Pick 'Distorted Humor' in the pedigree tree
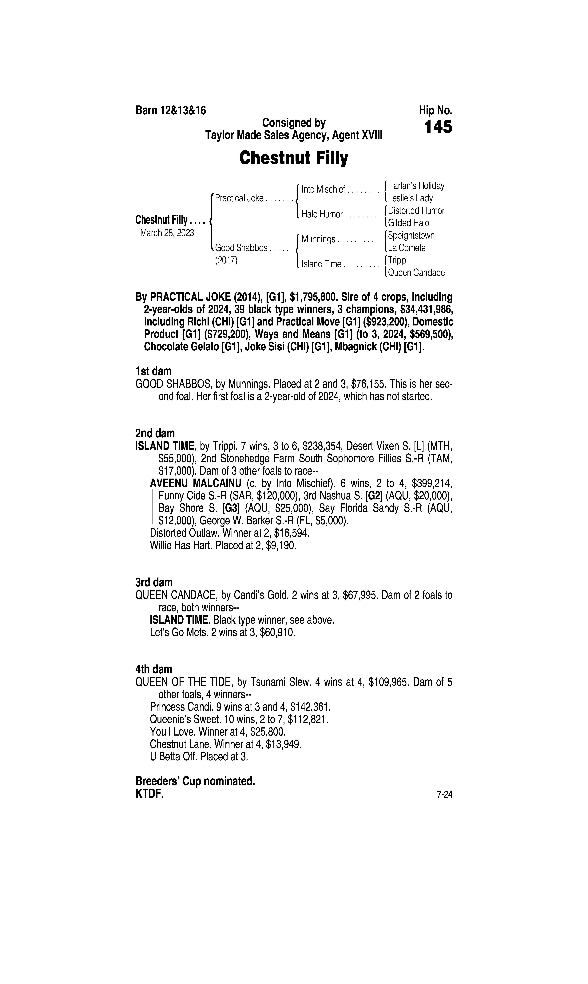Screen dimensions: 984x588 click(x=416, y=210)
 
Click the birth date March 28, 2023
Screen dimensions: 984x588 click(x=167, y=233)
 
